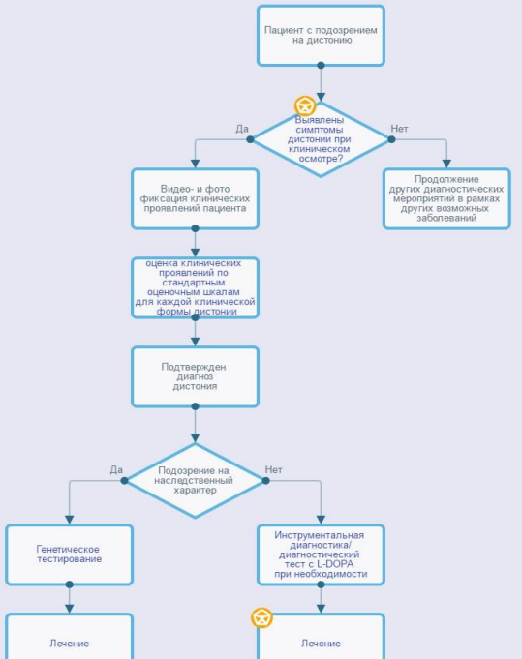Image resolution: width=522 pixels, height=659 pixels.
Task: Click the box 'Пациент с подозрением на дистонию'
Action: coord(321,36)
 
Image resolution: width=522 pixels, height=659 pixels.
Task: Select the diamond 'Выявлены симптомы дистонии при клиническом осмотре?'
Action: coord(321,139)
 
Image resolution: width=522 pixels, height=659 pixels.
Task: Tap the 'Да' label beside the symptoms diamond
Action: coord(242,129)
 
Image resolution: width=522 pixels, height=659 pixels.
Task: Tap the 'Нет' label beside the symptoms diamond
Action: coord(399,129)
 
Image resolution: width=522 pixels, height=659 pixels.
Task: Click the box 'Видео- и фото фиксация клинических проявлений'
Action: coord(195,198)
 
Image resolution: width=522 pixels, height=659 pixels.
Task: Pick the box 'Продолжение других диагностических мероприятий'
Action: coord(446,198)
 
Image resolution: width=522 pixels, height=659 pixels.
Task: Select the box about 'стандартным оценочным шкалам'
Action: coord(195,288)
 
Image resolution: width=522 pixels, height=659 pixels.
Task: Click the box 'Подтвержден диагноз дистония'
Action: coord(195,376)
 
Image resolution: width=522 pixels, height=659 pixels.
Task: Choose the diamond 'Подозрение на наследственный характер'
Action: coord(195,480)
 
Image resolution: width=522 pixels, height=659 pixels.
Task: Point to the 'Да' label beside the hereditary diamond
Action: coord(116,470)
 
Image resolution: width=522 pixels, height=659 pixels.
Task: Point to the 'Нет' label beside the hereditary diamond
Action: coord(273,470)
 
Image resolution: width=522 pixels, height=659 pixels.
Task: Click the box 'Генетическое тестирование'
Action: coord(70,554)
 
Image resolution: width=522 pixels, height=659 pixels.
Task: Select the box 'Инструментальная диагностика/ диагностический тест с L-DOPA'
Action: coord(321,554)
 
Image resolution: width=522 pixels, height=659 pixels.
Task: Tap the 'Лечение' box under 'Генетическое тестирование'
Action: coord(70,637)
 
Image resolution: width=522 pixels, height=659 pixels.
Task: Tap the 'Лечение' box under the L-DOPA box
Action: coord(321,637)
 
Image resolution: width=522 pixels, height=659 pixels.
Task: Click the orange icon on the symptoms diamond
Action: coord(305,105)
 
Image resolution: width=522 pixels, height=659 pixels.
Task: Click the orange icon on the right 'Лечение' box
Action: coord(261,617)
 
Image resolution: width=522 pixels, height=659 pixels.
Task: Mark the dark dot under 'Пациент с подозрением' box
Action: coord(321,65)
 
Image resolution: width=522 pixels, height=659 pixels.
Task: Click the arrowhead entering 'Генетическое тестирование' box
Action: coord(70,520)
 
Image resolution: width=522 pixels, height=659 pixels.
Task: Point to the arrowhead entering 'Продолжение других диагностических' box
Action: coord(446,164)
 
